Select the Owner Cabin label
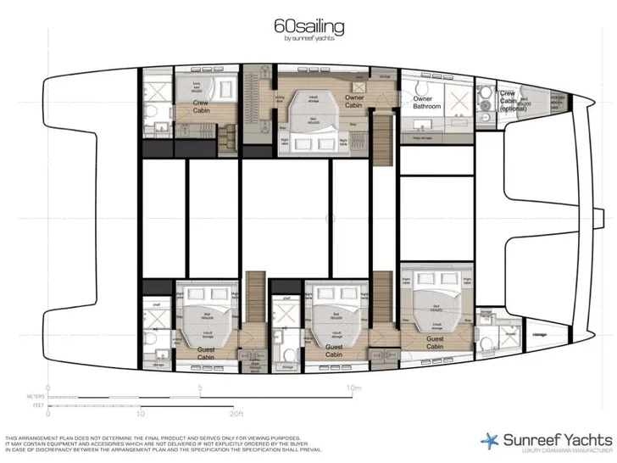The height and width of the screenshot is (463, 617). click(354, 102)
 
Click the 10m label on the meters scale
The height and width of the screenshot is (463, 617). click(353, 389)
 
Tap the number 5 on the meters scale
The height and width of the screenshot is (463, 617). click(200, 389)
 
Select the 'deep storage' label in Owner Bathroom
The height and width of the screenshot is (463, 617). click(420, 138)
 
